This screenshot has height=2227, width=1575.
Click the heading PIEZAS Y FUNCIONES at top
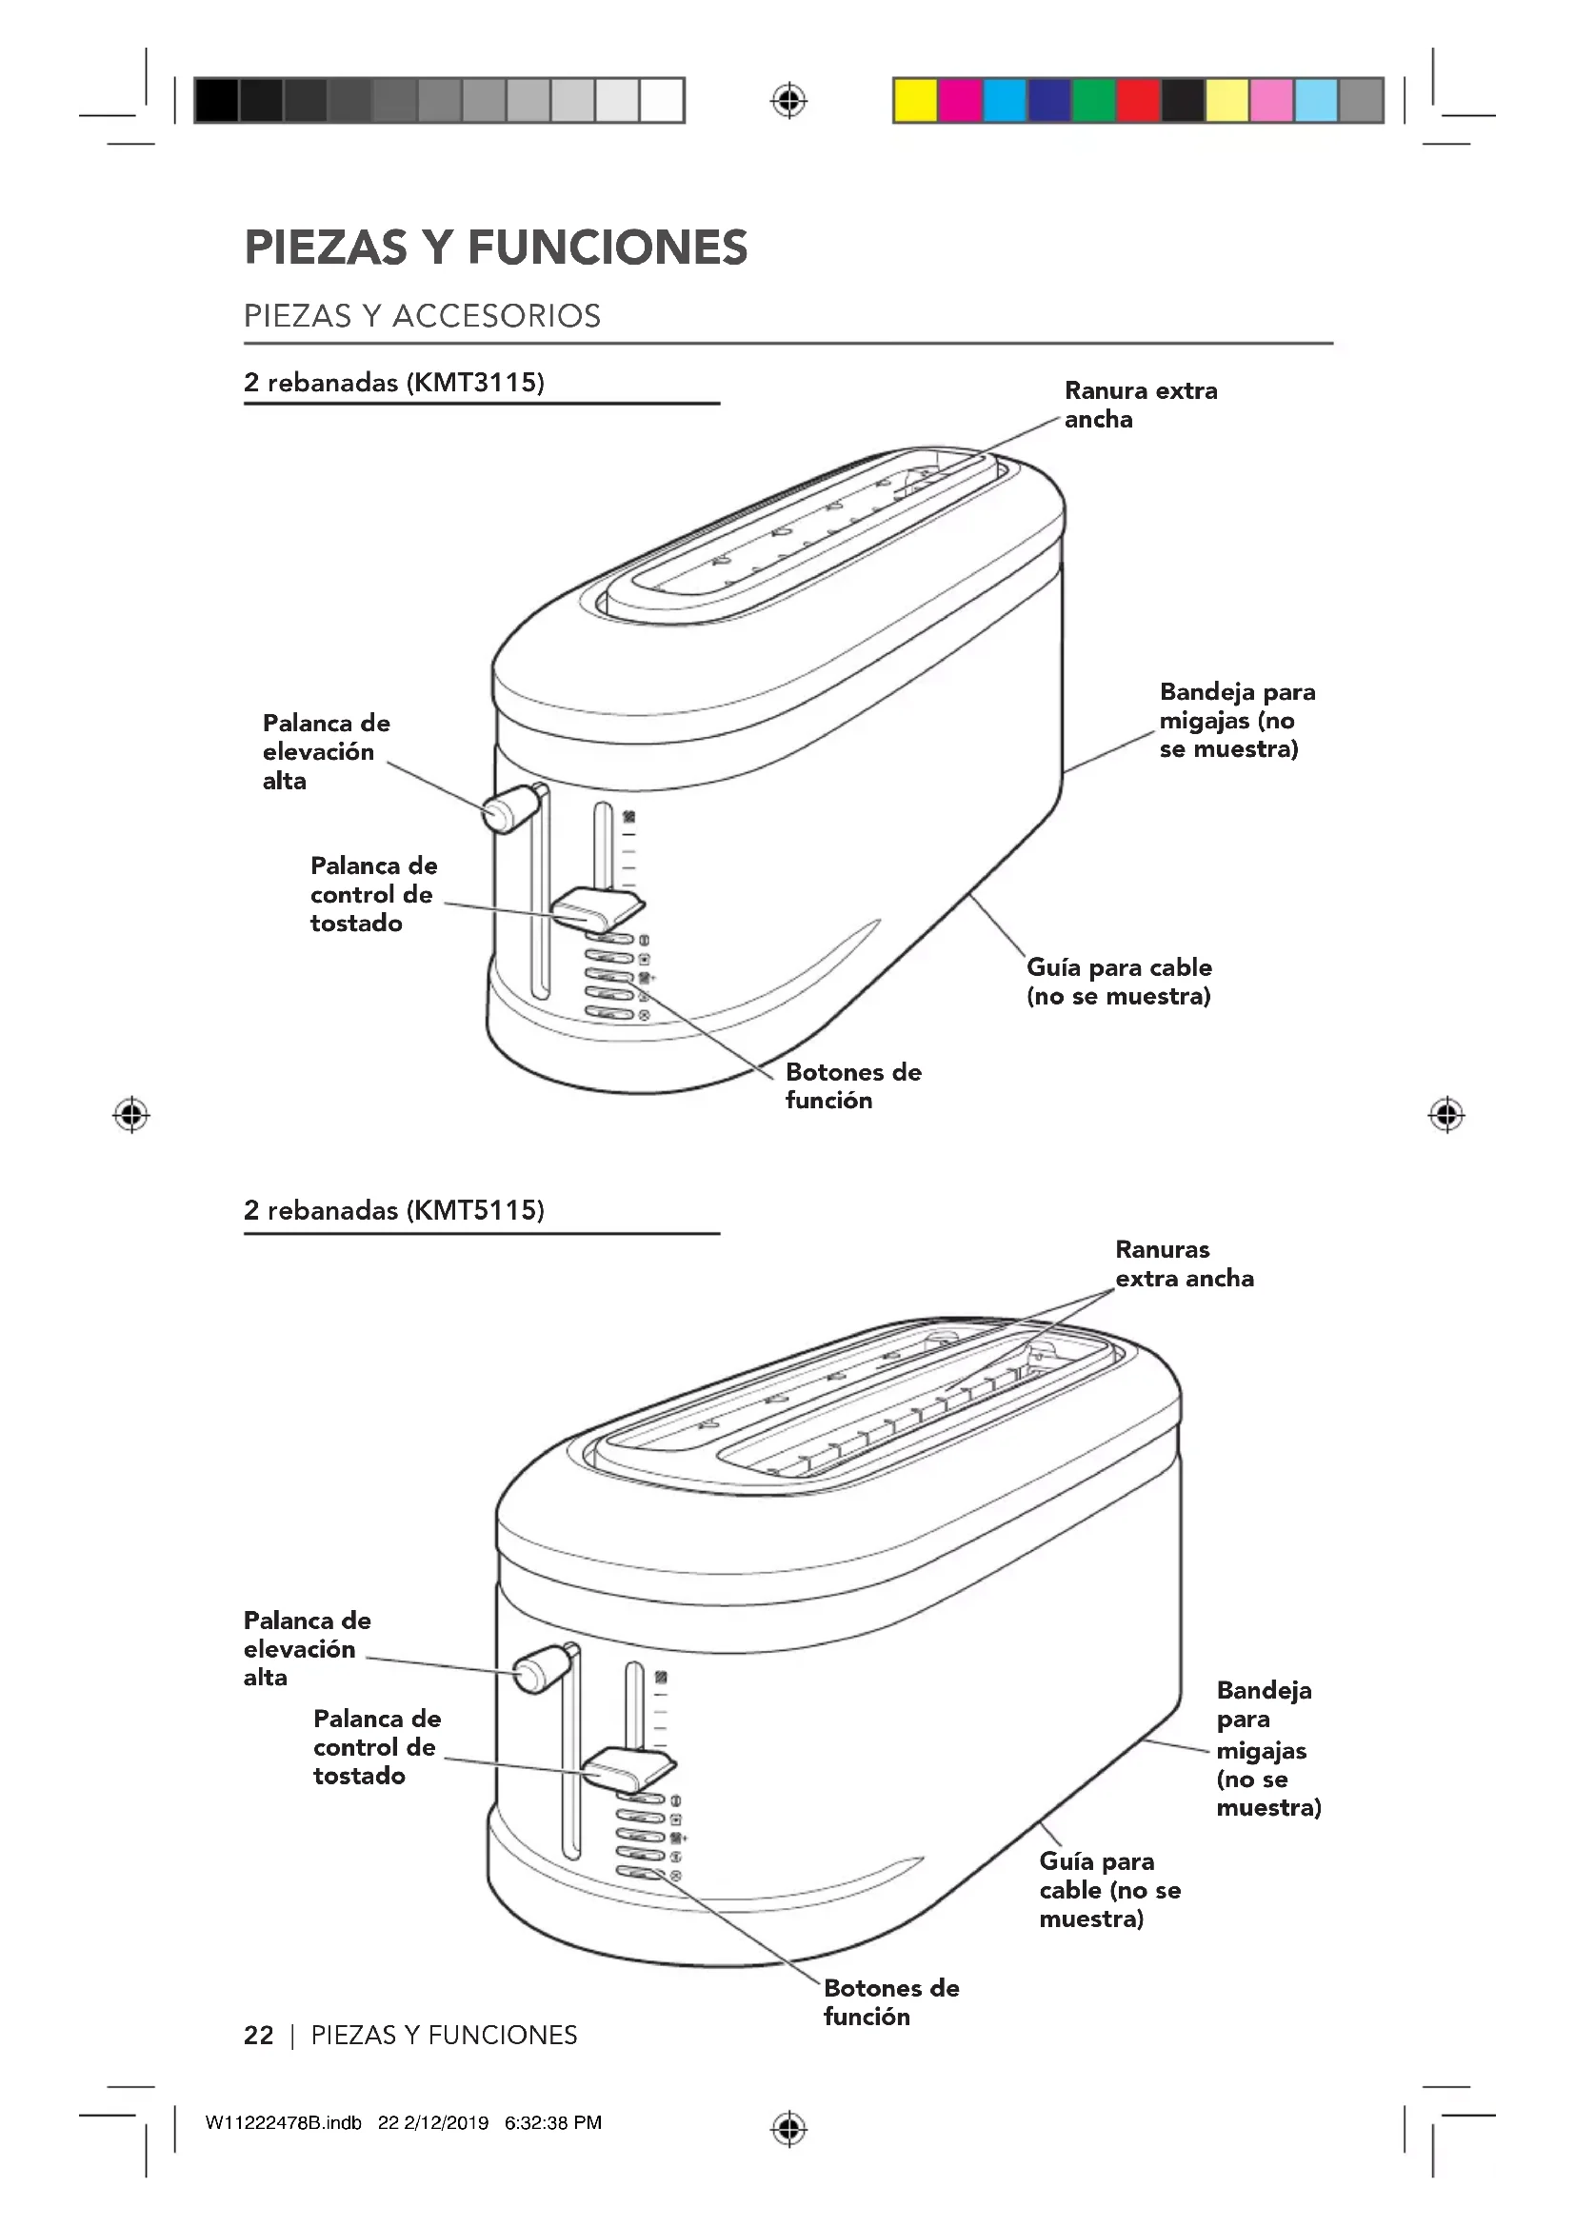pos(495,248)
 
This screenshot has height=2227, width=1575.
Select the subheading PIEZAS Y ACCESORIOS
pos(422,316)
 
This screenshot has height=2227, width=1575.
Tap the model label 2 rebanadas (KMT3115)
pos(394,382)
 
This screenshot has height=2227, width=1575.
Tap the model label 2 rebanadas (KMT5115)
pos(394,1210)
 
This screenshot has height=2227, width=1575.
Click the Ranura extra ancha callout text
pos(1140,405)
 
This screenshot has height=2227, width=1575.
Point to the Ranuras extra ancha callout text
pos(1184,1263)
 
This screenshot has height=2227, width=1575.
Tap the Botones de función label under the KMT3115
pos(852,1086)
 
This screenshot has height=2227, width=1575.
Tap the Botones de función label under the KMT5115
pos(890,2003)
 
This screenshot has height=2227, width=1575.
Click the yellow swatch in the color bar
pos(914,101)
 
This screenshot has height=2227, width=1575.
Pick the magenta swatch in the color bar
pos(959,101)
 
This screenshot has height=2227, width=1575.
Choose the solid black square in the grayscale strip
pos(216,101)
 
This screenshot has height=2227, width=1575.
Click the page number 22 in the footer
pos(259,2035)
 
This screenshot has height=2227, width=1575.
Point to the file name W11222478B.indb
pos(283,2122)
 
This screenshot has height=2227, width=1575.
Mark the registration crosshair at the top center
pos(789,101)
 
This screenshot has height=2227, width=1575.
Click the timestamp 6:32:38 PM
pos(553,2122)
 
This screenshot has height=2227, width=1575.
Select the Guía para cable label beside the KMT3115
pos(1118,982)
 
